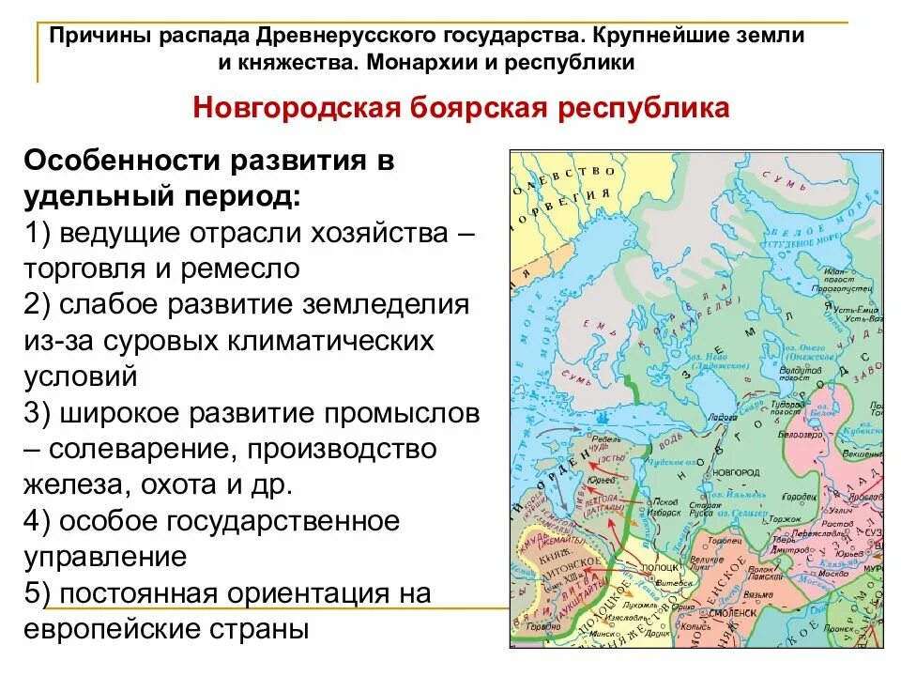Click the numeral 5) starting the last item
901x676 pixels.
(x=39, y=593)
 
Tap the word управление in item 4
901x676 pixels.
(x=105, y=556)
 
